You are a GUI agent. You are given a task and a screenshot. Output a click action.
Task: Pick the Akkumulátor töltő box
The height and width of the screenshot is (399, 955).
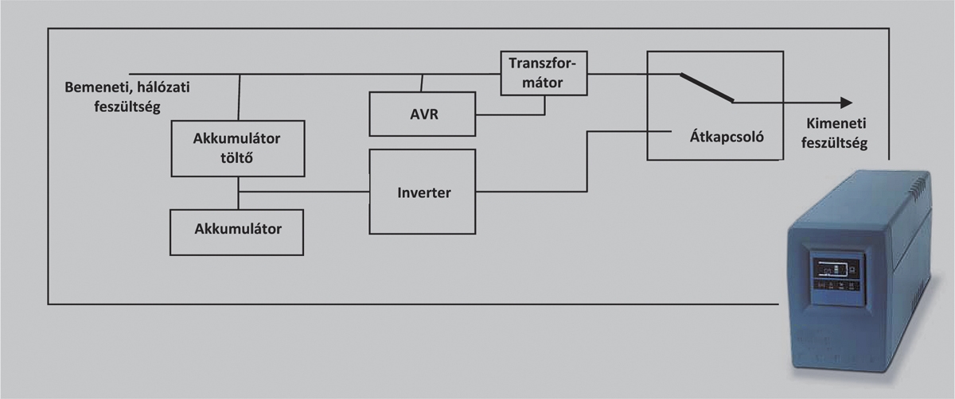pos(238,148)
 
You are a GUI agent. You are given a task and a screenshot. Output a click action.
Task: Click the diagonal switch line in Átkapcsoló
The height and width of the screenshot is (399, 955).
pos(706,88)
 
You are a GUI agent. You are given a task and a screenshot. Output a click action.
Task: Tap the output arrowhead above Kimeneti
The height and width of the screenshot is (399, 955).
pos(845,103)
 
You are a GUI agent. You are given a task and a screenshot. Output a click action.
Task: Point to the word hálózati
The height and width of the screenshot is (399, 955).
pos(167,85)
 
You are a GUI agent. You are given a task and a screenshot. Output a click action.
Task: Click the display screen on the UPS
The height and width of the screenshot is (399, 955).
pos(832,275)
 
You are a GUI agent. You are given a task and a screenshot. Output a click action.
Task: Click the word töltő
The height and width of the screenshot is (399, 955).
pos(238,157)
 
